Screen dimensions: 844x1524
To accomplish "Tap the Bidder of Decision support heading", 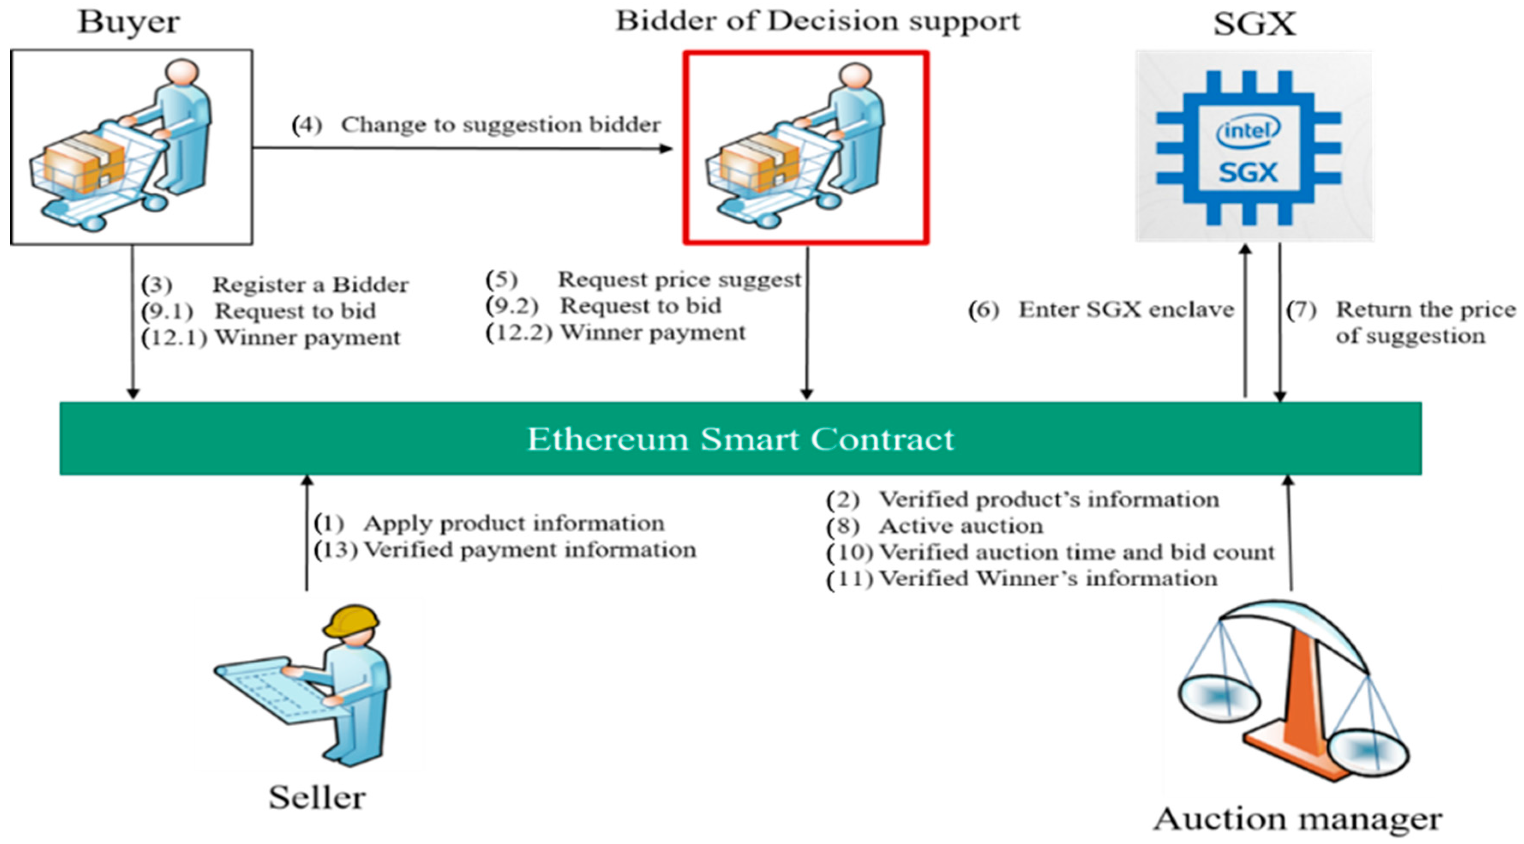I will pos(817,21).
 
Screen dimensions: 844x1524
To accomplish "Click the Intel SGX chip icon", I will pos(1249,148).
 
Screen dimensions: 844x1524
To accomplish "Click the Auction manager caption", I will pos(1297,820).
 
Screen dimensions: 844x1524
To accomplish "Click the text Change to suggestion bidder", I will pos(500,125).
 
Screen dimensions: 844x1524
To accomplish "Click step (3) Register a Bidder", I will pos(275,284).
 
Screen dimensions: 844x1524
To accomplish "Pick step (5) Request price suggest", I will pos(644,279).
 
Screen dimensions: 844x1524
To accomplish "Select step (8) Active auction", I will pos(935,526).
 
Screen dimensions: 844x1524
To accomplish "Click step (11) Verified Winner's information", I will pos(1022,579).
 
